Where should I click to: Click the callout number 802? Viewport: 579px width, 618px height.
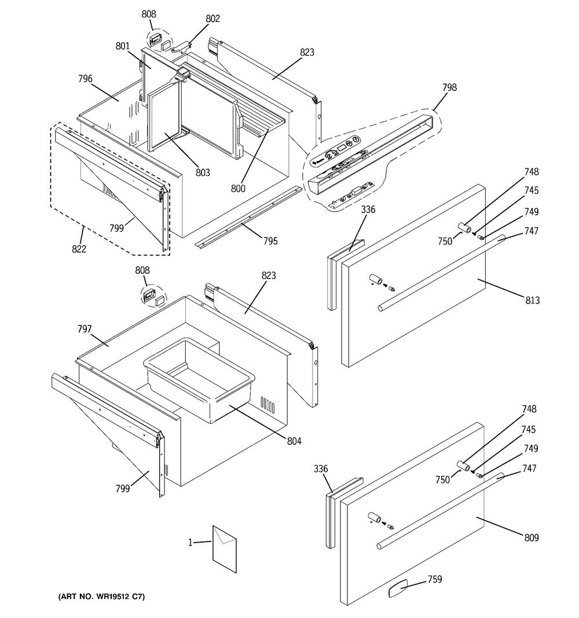coord(212,19)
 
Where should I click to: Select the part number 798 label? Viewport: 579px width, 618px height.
coord(449,87)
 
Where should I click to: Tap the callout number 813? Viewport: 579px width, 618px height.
coord(533,301)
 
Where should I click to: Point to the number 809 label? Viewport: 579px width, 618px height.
coord(532,537)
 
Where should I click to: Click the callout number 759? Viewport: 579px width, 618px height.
coord(435,579)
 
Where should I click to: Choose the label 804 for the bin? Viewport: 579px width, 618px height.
coord(294,441)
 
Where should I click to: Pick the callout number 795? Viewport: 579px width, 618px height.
coord(270,241)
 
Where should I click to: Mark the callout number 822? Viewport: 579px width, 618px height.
coord(79,248)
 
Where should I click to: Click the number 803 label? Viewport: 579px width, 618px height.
coord(203,172)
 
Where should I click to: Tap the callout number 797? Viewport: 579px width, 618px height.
coord(85,329)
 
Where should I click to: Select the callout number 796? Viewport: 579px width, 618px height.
coord(85,79)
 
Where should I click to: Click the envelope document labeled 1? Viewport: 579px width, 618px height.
coord(225,549)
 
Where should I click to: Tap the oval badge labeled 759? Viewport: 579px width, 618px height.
coord(398,590)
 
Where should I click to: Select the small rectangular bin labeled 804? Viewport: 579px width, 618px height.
coord(199,380)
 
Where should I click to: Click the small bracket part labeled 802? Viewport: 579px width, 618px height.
coord(181,47)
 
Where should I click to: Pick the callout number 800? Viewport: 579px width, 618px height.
coord(238,189)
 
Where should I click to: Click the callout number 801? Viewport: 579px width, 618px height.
coord(123,46)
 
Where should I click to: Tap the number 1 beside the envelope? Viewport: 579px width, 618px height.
coord(190,543)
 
